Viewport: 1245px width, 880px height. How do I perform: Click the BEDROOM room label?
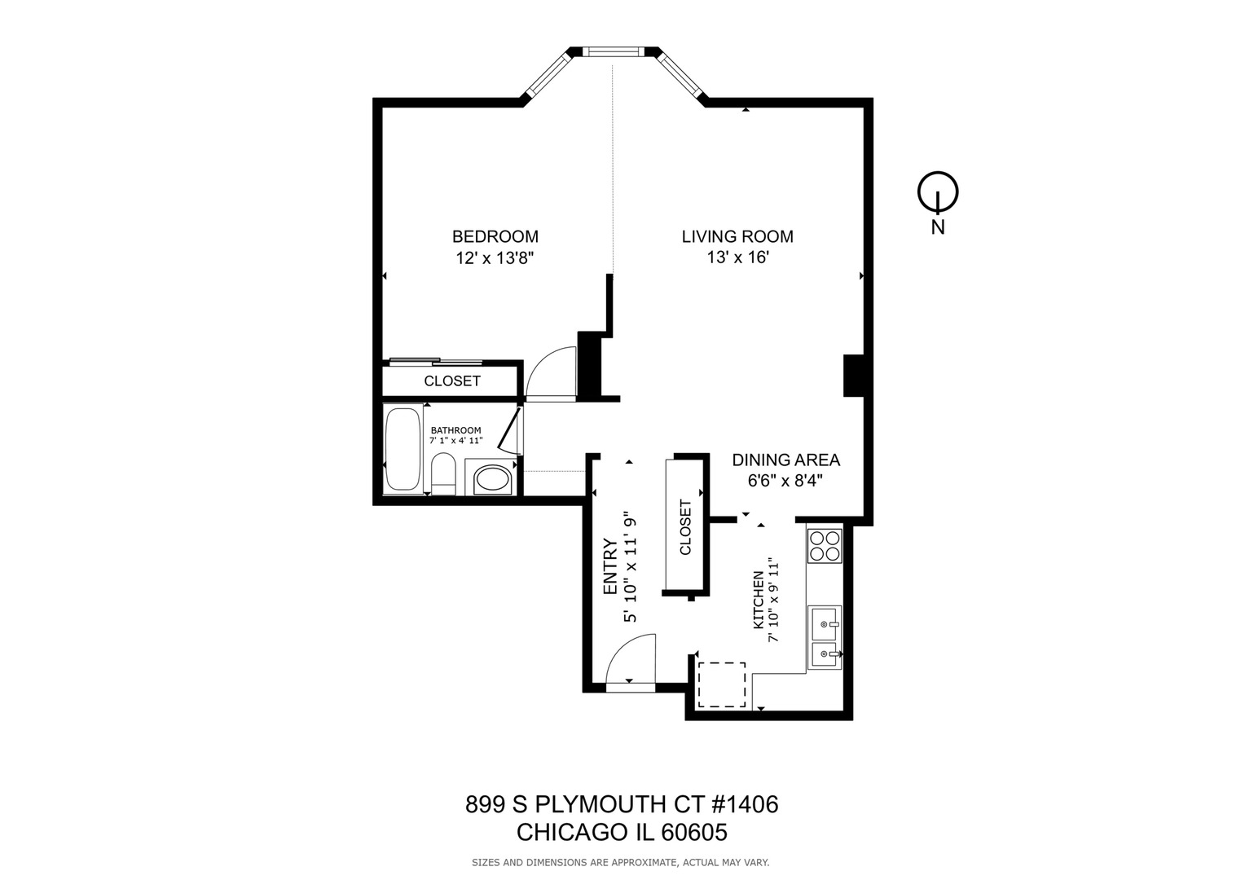tap(495, 236)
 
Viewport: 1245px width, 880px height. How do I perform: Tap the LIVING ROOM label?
tap(737, 236)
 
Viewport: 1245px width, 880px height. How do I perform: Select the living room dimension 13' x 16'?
tap(737, 257)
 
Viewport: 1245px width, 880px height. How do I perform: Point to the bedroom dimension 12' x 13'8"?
tap(495, 257)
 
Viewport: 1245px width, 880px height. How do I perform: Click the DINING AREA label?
tap(785, 460)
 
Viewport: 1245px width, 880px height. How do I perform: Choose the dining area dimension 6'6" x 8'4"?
tap(785, 481)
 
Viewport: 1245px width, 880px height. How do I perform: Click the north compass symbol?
tap(938, 193)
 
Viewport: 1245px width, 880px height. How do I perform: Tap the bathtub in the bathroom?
tap(403, 449)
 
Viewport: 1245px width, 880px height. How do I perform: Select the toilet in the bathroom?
tap(443, 475)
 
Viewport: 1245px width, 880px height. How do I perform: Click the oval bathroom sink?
tap(491, 478)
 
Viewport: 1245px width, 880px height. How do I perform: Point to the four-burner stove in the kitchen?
tap(824, 546)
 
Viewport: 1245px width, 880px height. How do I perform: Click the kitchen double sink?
tap(824, 638)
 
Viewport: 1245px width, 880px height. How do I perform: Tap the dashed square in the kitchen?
tap(722, 684)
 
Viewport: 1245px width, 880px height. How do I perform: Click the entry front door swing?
tap(630, 661)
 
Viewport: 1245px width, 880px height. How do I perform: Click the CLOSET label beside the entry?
tap(685, 526)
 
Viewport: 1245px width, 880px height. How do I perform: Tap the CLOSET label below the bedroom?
tap(452, 381)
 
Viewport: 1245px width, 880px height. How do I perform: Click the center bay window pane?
tap(614, 52)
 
